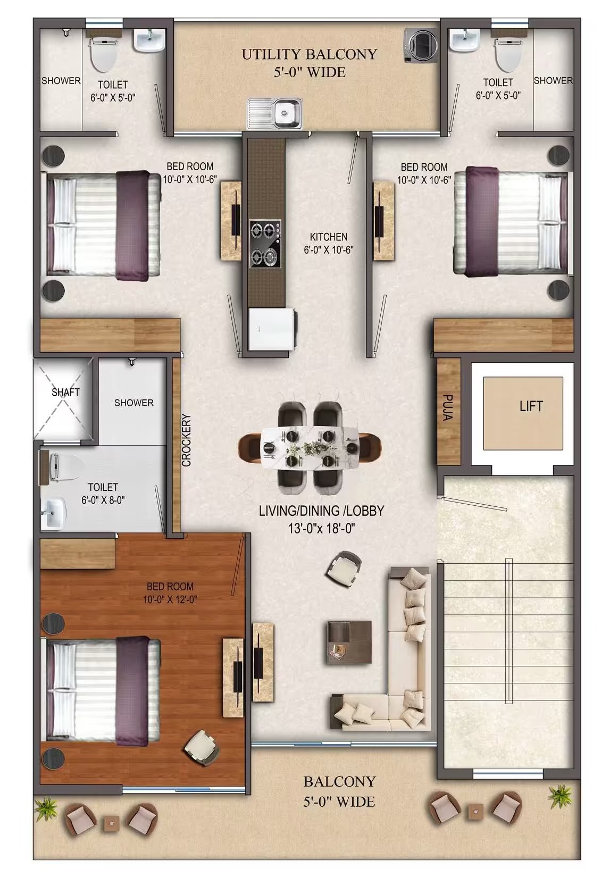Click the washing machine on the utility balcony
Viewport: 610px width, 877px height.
421,45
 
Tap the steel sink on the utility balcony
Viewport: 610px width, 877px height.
274,113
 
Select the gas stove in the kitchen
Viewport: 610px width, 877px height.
265,243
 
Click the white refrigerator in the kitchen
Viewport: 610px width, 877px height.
272,329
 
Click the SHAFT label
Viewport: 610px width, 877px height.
65,392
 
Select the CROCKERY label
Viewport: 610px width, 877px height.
186,440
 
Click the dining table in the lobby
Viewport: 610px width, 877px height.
310,447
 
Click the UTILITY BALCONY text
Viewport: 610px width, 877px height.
310,54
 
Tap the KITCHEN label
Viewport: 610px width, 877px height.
329,237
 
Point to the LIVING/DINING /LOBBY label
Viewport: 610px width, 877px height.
321,511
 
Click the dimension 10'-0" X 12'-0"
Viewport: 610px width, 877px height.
170,599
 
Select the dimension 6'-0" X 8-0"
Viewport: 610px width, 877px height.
103,500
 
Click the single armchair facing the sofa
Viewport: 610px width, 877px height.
344,569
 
